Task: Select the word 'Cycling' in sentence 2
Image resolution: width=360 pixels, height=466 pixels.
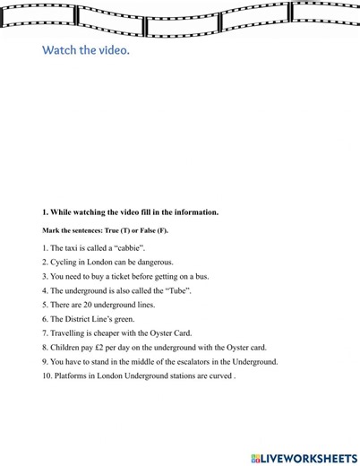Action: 64,261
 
